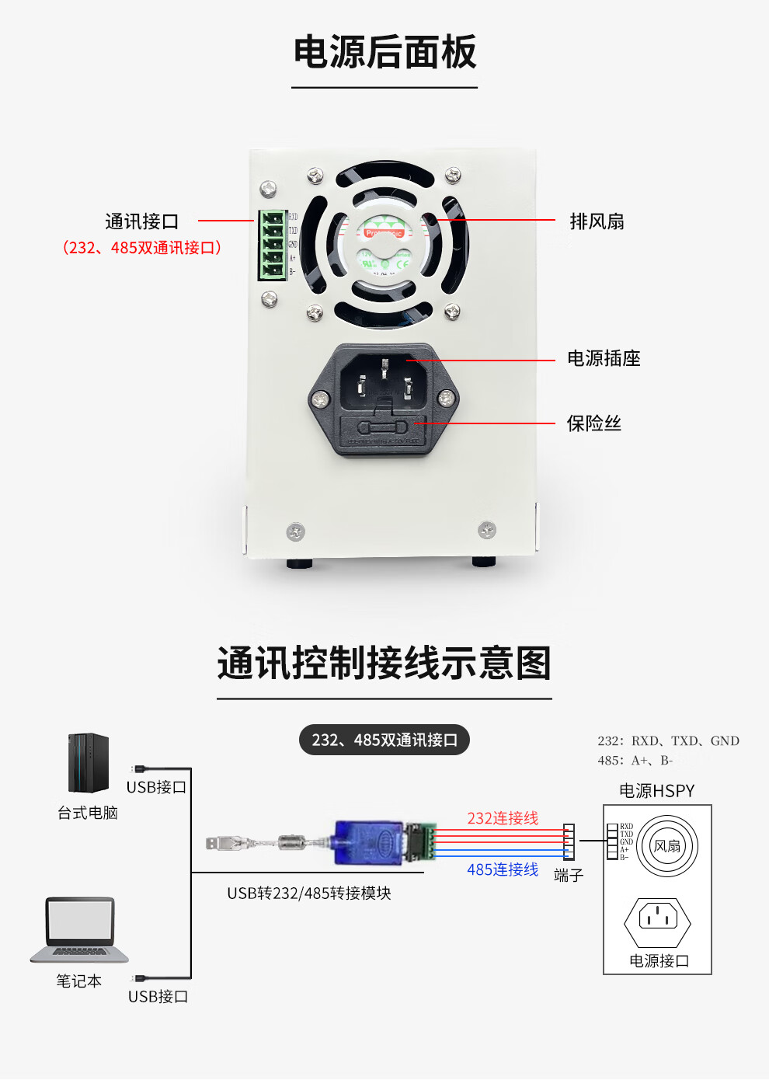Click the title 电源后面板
384,53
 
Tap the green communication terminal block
273,245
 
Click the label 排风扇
597,221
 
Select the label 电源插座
604,358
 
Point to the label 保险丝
593,423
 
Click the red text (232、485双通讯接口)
142,248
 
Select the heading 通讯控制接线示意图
384,664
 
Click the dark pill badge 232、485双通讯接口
384,740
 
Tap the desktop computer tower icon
88,762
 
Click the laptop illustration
79,930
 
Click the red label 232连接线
503,818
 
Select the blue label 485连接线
503,869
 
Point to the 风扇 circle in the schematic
666,846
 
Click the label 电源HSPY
656,791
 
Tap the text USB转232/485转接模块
309,894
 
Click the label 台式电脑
88,813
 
